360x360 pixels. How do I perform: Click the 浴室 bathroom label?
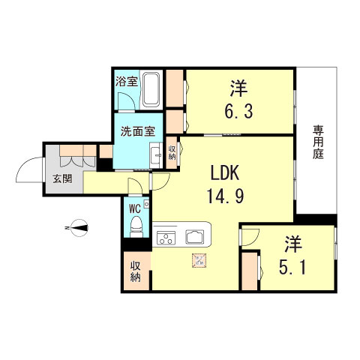(x=126, y=82)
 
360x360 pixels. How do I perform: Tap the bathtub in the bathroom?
(x=151, y=90)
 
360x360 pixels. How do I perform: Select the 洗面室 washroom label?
(x=138, y=131)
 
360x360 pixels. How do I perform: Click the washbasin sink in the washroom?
(x=156, y=155)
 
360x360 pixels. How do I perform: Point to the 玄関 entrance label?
(x=62, y=178)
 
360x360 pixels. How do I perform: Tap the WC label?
(x=134, y=208)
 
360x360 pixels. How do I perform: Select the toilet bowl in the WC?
(x=136, y=226)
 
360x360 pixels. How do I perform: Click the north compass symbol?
(x=79, y=228)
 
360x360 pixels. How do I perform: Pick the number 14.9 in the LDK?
(x=225, y=196)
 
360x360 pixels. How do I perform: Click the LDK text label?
(x=225, y=173)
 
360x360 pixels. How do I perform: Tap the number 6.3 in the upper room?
(x=238, y=111)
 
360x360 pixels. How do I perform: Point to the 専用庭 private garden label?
(x=318, y=142)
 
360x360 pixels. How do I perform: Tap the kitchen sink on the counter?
(x=194, y=237)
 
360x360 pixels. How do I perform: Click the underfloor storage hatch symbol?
(x=199, y=260)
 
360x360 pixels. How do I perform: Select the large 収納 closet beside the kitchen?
(x=136, y=271)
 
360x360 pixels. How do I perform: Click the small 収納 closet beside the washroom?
(x=172, y=152)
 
